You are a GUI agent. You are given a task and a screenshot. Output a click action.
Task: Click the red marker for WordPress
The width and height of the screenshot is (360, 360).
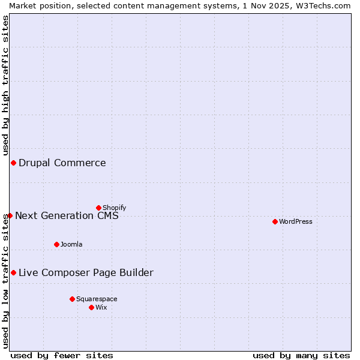(275, 221)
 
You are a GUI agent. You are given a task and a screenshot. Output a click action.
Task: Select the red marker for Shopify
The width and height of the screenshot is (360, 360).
(98, 208)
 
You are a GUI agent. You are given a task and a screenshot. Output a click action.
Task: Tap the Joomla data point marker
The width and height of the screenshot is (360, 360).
(56, 244)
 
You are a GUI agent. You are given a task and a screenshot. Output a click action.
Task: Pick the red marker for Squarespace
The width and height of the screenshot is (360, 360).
(72, 299)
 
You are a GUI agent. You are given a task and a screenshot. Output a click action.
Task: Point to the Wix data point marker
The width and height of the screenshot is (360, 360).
(91, 307)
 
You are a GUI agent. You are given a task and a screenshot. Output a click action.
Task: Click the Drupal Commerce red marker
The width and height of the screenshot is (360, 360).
(13, 163)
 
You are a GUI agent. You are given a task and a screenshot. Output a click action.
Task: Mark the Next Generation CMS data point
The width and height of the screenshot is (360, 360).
(10, 215)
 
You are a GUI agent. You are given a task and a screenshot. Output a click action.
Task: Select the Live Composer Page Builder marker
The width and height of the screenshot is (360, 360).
(13, 272)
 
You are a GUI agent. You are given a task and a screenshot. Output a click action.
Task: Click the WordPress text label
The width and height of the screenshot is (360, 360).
(296, 221)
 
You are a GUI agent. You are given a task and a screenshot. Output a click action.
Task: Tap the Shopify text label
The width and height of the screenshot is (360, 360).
(115, 208)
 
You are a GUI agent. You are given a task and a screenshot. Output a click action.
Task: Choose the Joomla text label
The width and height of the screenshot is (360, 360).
(71, 244)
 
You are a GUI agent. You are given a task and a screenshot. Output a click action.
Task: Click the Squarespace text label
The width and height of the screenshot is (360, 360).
(97, 299)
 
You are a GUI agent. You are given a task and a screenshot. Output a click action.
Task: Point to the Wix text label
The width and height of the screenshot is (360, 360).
(101, 307)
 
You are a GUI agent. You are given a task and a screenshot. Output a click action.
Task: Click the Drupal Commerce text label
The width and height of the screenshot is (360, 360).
(62, 163)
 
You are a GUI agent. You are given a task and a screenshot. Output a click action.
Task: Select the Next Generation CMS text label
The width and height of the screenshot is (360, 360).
(67, 215)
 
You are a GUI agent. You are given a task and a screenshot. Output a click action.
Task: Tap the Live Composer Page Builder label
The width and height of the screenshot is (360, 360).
(86, 272)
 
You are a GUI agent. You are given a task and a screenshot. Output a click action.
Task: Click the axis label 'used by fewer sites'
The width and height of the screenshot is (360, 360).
(62, 355)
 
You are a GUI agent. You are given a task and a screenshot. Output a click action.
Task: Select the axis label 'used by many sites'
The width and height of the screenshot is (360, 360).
(301, 355)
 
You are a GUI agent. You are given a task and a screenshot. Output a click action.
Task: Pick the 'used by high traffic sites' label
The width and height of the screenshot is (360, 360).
(5, 84)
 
